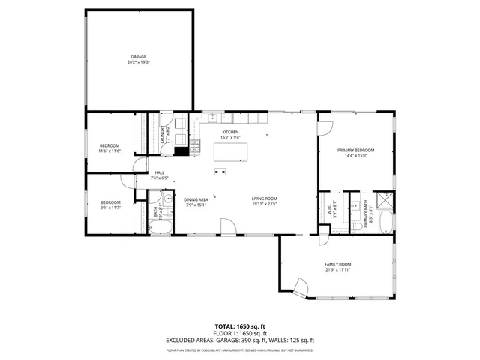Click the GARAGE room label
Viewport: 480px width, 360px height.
point(139,57)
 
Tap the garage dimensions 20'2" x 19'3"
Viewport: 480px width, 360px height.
point(139,63)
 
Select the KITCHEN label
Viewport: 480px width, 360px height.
point(229,132)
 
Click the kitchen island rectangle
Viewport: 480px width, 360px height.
point(231,151)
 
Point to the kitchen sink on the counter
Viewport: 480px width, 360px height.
point(212,117)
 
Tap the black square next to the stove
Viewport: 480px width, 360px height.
point(181,150)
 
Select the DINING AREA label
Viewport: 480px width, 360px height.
point(196,199)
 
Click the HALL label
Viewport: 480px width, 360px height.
point(160,173)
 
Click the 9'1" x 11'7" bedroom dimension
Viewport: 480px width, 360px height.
point(111,207)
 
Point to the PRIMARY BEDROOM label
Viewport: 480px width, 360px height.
point(356,150)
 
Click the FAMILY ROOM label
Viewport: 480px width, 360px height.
point(338,264)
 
